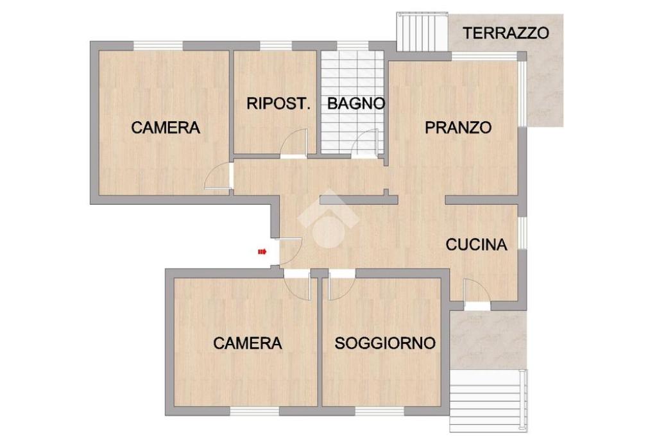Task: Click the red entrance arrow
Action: (x=262, y=252)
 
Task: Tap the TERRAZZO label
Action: (x=506, y=33)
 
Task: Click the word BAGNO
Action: (x=355, y=103)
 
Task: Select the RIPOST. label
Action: (x=278, y=103)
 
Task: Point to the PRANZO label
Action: (x=458, y=127)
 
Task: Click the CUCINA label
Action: (x=477, y=244)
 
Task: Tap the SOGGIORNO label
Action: (x=385, y=343)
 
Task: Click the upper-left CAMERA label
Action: (x=166, y=127)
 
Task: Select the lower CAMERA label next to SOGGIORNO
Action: (x=248, y=343)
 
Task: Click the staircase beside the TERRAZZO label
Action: (x=422, y=32)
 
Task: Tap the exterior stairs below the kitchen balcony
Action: (x=488, y=400)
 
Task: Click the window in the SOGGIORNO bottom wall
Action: (x=380, y=411)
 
